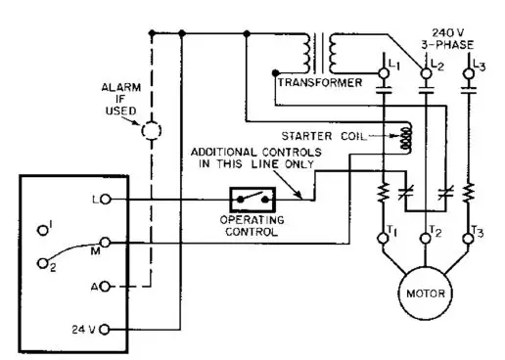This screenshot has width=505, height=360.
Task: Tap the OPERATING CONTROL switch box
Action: [x=251, y=200]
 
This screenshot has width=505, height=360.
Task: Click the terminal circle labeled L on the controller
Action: [x=106, y=200]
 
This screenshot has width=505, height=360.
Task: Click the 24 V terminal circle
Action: [x=105, y=328]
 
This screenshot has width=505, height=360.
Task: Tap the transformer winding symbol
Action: [x=324, y=53]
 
